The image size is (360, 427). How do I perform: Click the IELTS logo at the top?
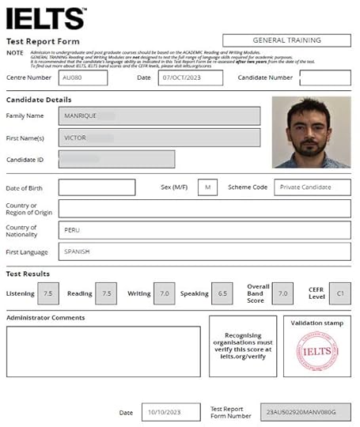(45, 17)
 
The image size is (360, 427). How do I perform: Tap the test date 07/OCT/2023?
(190, 78)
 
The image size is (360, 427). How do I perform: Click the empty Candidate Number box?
(325, 78)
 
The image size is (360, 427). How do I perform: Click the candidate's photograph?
(311, 132)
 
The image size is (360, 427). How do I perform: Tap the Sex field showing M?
(207, 187)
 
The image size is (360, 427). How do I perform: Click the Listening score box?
(48, 293)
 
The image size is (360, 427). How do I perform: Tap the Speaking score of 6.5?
(222, 293)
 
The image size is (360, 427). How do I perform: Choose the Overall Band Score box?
(281, 293)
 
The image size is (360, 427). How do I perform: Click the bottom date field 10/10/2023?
(172, 412)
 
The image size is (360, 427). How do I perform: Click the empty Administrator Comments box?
(103, 351)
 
